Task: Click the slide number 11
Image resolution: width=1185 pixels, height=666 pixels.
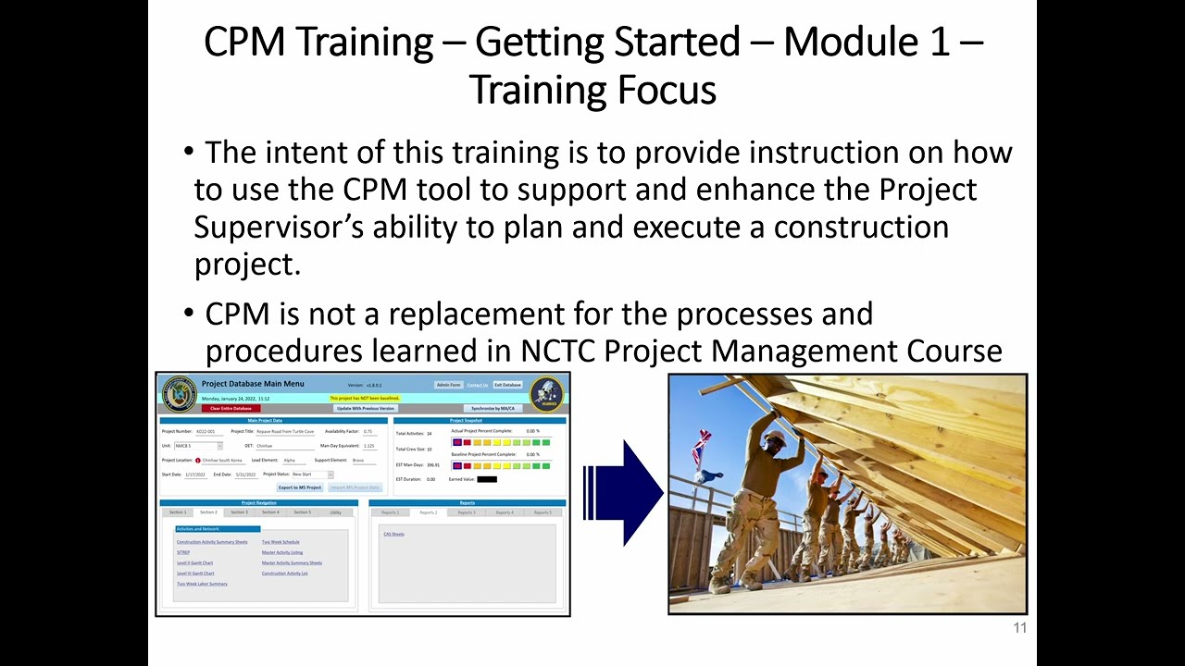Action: (x=1019, y=629)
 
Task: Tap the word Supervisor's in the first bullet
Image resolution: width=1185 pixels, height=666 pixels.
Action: (x=280, y=227)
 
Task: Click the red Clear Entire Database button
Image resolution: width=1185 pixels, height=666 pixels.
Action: (x=231, y=408)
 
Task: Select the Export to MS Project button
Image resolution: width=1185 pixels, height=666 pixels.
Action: (x=300, y=487)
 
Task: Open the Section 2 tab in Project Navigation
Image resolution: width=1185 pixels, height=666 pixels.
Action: (x=208, y=512)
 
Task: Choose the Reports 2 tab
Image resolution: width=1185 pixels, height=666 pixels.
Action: (x=429, y=512)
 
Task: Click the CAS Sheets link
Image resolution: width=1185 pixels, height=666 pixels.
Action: (x=393, y=535)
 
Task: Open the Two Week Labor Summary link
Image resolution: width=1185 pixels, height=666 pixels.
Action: (x=202, y=585)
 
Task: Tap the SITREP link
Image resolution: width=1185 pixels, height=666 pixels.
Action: (x=182, y=552)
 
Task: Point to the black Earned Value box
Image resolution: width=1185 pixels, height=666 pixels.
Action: (x=486, y=479)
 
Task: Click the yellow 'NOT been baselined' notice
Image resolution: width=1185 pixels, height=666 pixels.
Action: (x=365, y=398)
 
